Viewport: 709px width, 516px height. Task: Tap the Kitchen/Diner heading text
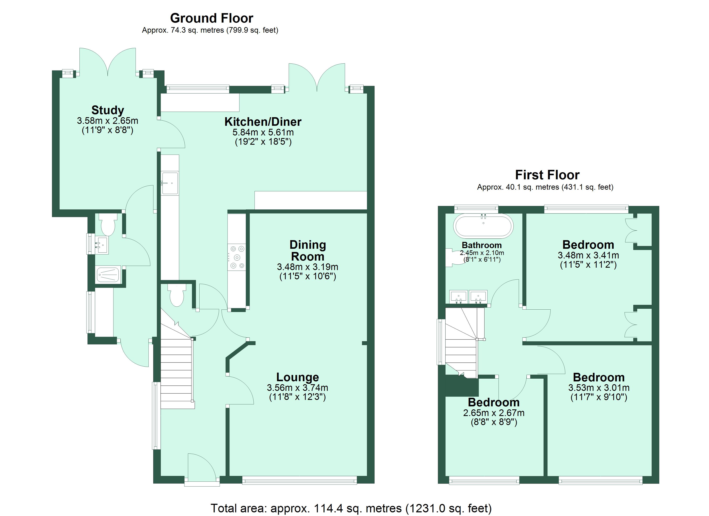point(263,122)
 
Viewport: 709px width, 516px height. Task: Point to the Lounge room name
point(297,377)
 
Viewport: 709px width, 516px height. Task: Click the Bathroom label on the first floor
point(482,245)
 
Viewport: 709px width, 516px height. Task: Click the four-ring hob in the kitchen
point(237,257)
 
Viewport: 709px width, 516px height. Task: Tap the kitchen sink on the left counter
point(170,183)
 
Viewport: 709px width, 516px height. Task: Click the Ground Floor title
point(212,18)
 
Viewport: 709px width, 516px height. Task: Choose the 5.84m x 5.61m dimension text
point(263,132)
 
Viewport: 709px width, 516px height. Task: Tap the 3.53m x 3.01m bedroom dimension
point(599,388)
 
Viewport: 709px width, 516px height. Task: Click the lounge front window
point(299,480)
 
